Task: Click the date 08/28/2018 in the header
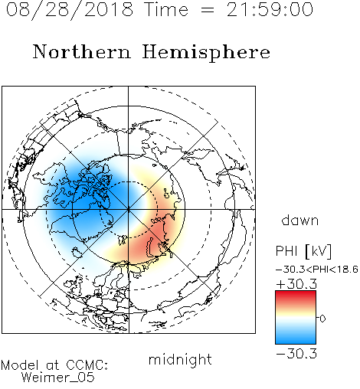(x=70, y=10)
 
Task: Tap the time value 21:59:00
(x=270, y=9)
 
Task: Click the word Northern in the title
(x=82, y=51)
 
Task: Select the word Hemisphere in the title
(x=206, y=53)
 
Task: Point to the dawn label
(x=300, y=220)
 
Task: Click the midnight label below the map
(x=180, y=359)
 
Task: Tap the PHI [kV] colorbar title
(x=303, y=251)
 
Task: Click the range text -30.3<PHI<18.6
(x=317, y=270)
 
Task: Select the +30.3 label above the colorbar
(x=296, y=284)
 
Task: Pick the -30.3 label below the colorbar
(x=296, y=354)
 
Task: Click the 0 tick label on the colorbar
(x=322, y=319)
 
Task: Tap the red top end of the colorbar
(x=296, y=293)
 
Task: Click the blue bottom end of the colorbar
(x=296, y=342)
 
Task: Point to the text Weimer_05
(x=58, y=378)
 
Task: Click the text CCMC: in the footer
(x=87, y=365)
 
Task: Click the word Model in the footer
(x=20, y=365)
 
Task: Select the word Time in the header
(x=166, y=9)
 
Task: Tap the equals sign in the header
(x=208, y=10)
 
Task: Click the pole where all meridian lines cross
(x=128, y=209)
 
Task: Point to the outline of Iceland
(x=77, y=252)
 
